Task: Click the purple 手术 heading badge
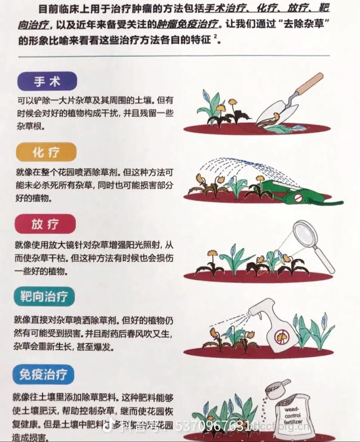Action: point(47,81)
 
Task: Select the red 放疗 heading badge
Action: point(45,224)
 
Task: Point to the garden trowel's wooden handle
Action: point(309,84)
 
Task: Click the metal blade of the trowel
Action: point(279,110)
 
